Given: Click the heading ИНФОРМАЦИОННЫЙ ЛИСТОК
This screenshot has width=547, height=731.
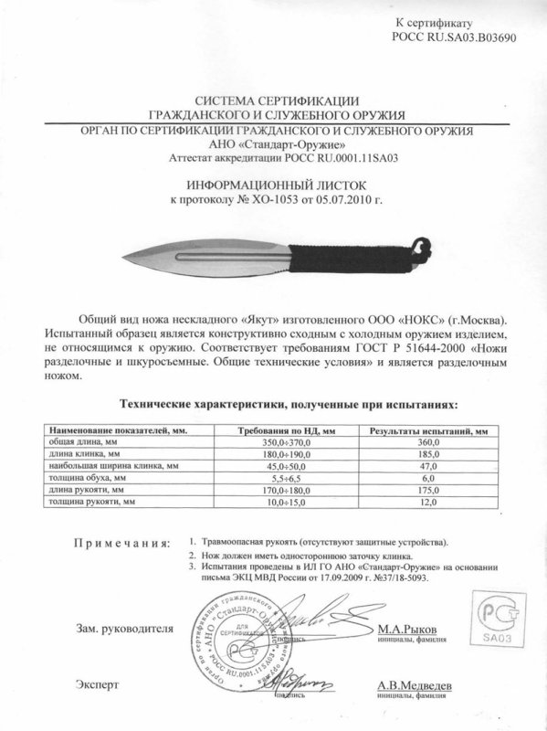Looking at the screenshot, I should click(x=273, y=183).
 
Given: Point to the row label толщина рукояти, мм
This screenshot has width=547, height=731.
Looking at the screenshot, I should click(x=92, y=502).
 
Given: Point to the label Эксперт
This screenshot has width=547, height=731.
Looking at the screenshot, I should click(x=98, y=684).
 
